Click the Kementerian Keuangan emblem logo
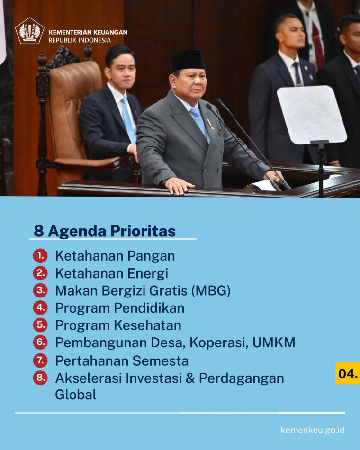click(29, 31)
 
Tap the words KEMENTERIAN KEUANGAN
click(88, 32)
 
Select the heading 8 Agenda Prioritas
click(105, 231)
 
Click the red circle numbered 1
click(40, 255)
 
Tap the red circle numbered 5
click(40, 325)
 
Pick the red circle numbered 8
click(40, 378)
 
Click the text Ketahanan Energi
click(112, 274)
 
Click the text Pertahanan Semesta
click(122, 361)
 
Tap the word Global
click(76, 394)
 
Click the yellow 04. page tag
click(348, 373)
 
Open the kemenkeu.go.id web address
click(313, 430)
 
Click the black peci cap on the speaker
click(187, 61)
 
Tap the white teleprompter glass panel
click(312, 115)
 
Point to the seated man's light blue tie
click(128, 120)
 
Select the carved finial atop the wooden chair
click(42, 60)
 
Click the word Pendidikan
click(149, 308)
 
